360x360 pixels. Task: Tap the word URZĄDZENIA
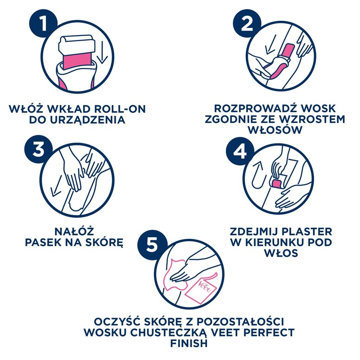[84, 120]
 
